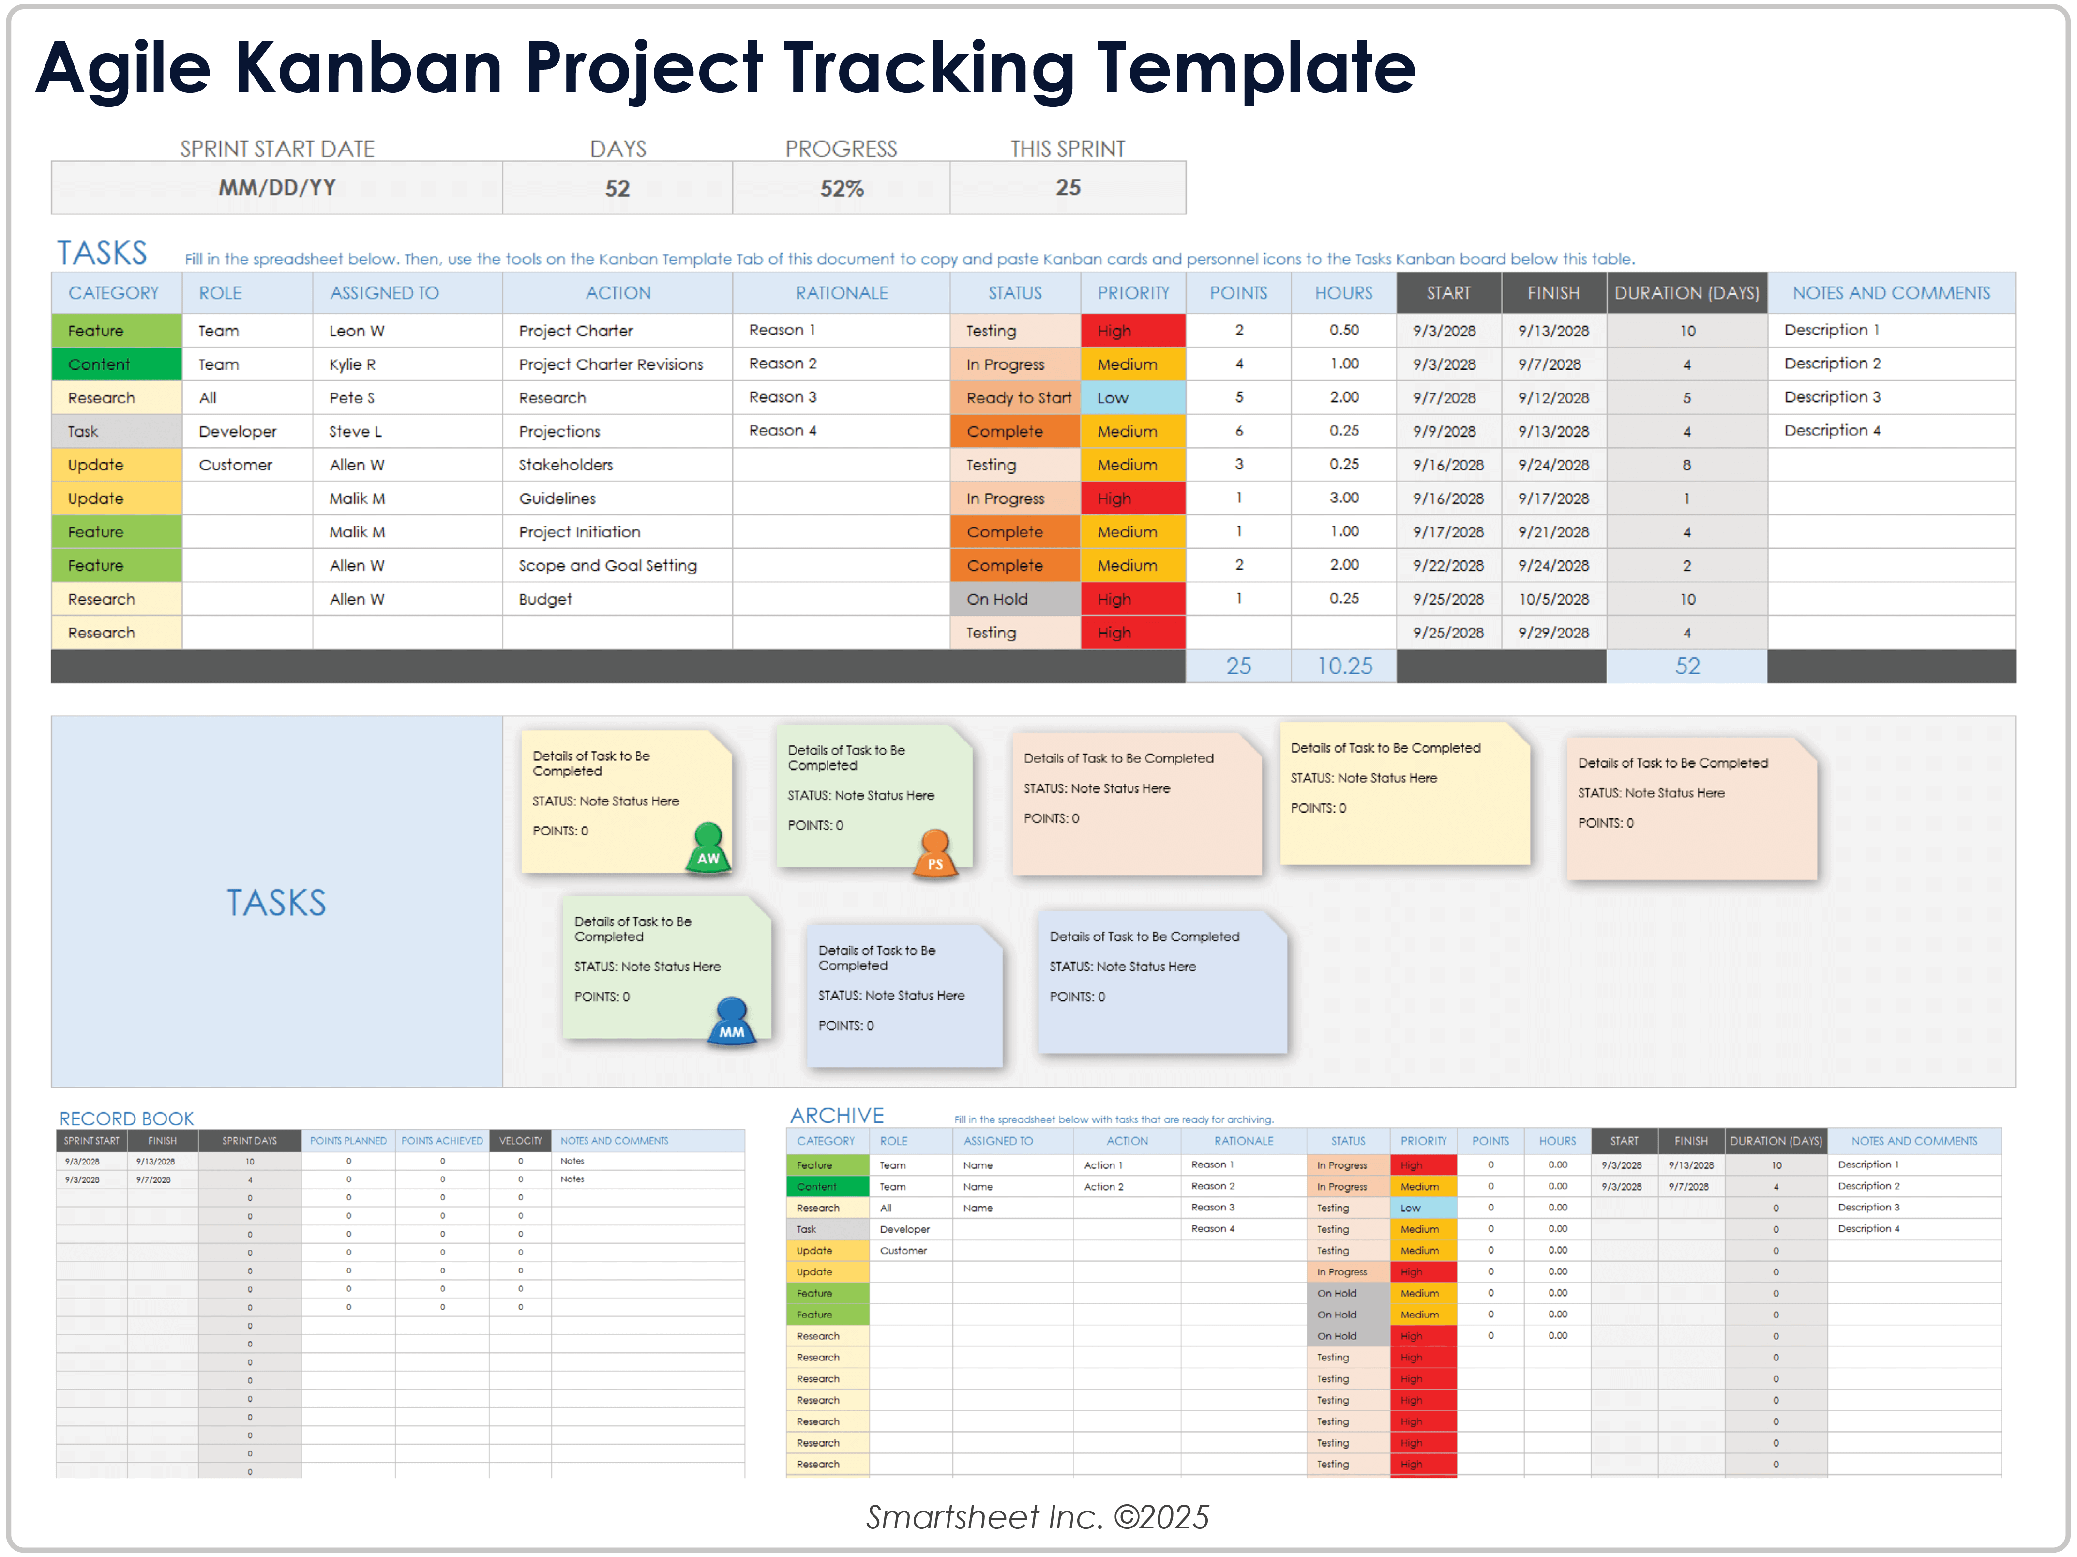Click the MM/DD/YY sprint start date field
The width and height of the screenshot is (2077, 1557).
point(277,188)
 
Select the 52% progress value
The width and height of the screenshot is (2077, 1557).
point(842,189)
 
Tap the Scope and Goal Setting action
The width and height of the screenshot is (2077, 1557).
point(607,565)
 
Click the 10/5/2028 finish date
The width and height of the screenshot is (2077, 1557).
point(1553,599)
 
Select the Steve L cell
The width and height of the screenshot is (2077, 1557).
point(355,432)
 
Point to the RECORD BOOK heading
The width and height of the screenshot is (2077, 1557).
point(127,1119)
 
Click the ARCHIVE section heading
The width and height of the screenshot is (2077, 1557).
point(837,1116)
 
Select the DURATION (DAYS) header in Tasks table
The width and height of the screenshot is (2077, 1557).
point(1686,293)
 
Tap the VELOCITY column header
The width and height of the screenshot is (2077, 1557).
point(520,1141)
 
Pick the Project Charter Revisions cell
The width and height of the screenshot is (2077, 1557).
point(610,364)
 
